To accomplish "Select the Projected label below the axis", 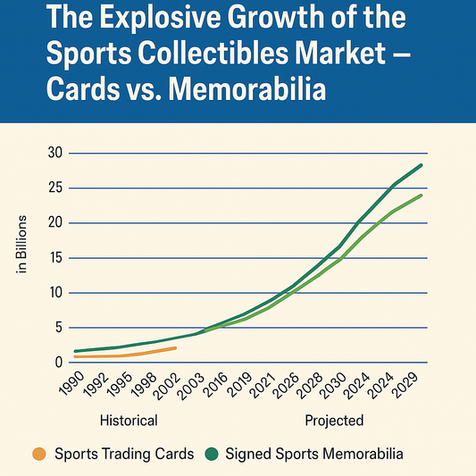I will tap(334, 420).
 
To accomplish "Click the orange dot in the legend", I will tap(38, 454).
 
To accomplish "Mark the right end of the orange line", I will tap(176, 347).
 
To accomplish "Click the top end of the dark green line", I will tap(422, 165).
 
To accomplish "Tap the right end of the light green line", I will tap(422, 195).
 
